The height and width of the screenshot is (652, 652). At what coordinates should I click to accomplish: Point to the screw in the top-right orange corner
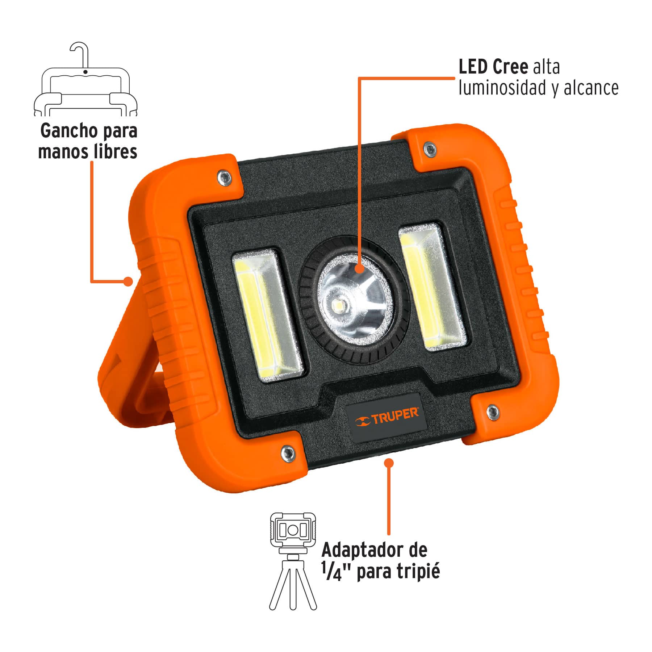tap(430, 149)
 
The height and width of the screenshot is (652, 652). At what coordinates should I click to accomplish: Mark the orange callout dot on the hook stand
tap(128, 281)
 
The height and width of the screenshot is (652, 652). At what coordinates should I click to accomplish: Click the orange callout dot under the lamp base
tap(389, 463)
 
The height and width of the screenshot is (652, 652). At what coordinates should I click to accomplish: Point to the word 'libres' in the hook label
tap(115, 151)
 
